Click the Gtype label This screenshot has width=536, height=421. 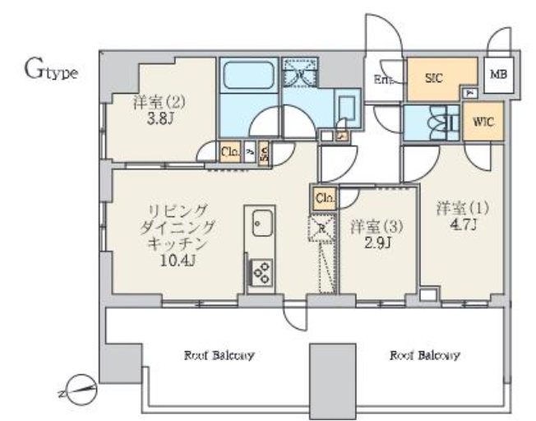pyautogui.click(x=50, y=71)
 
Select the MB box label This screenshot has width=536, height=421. pyautogui.click(x=498, y=75)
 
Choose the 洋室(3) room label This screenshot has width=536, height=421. pyautogui.click(x=370, y=224)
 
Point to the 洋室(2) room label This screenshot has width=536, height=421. pyautogui.click(x=155, y=103)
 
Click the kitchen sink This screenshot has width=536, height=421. pyautogui.click(x=263, y=222)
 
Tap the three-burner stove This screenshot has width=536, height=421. pyautogui.click(x=262, y=271)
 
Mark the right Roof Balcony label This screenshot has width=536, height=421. pyautogui.click(x=424, y=356)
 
